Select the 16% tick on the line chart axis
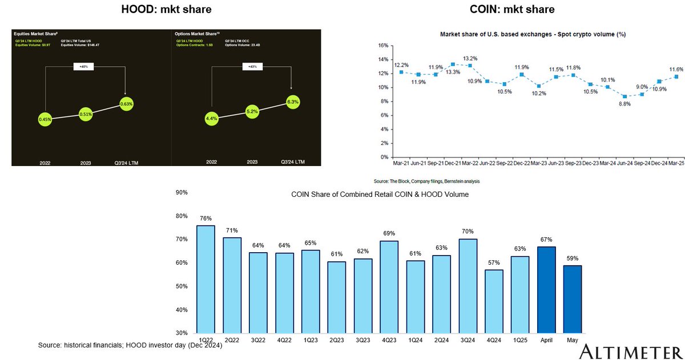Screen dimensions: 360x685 tap(383, 46)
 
